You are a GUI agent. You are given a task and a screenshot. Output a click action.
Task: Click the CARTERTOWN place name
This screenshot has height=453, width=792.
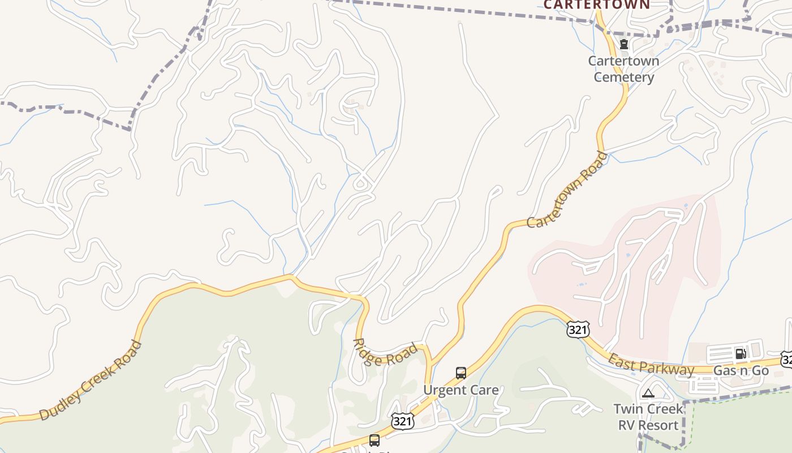coord(596,5)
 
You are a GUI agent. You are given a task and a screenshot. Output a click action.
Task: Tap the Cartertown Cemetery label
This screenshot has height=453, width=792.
coord(623,69)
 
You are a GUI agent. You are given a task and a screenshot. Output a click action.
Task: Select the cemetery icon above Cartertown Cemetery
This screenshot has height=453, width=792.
coord(624,44)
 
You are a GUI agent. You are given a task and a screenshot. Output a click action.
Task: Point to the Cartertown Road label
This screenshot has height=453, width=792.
coord(567,190)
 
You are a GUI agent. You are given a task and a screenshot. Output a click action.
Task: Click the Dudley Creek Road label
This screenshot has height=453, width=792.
coord(90,380)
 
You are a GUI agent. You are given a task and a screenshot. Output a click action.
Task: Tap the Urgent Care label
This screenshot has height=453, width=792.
coord(461,390)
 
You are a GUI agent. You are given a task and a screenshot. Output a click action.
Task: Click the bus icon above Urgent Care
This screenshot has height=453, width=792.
coord(461,373)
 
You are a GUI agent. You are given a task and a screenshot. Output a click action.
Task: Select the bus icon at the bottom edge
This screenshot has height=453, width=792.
coord(375,441)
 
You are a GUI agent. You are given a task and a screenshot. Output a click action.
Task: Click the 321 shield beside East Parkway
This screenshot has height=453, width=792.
coord(578,330)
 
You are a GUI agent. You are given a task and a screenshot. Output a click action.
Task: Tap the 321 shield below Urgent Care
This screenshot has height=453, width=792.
coord(402,421)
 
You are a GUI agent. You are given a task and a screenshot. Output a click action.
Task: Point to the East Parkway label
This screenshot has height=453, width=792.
coord(651,365)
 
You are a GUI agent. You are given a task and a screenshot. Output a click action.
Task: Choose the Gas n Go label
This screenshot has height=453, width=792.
coord(741,371)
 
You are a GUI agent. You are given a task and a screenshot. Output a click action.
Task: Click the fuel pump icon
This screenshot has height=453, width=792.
coord(740,354)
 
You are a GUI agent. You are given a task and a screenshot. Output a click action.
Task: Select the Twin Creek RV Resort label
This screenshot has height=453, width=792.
coord(648,417)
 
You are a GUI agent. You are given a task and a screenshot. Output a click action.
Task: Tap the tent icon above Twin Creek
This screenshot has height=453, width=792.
coord(648,393)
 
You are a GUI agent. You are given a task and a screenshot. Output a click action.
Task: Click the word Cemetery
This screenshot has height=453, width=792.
coord(623,77)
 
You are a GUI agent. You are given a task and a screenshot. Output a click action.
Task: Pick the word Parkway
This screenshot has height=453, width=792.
coord(671,369)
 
